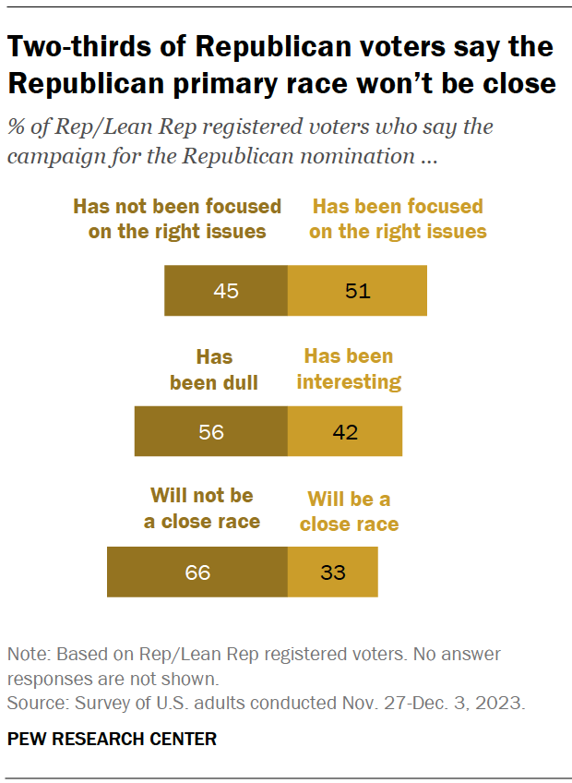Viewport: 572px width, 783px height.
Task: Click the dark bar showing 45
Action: [x=226, y=291]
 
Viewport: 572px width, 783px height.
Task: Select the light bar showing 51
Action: [x=357, y=291]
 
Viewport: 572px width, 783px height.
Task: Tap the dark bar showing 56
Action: [x=211, y=431]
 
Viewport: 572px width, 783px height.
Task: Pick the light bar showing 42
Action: [x=344, y=431]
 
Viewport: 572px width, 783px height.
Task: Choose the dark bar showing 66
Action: [x=197, y=572]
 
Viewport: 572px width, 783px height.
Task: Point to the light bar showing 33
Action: [x=332, y=572]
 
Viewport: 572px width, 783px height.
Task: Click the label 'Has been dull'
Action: [x=214, y=369]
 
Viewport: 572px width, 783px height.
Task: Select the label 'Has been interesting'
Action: [x=349, y=368]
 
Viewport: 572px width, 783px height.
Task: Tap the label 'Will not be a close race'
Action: [x=202, y=509]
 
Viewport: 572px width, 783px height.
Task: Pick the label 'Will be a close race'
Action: [x=349, y=512]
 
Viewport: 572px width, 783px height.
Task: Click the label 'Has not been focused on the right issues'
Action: [x=177, y=219]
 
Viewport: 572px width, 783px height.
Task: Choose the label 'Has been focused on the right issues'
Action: [x=398, y=219]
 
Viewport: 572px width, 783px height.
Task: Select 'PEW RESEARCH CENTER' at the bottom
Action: [x=113, y=739]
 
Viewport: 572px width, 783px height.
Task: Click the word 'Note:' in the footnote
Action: [x=30, y=655]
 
